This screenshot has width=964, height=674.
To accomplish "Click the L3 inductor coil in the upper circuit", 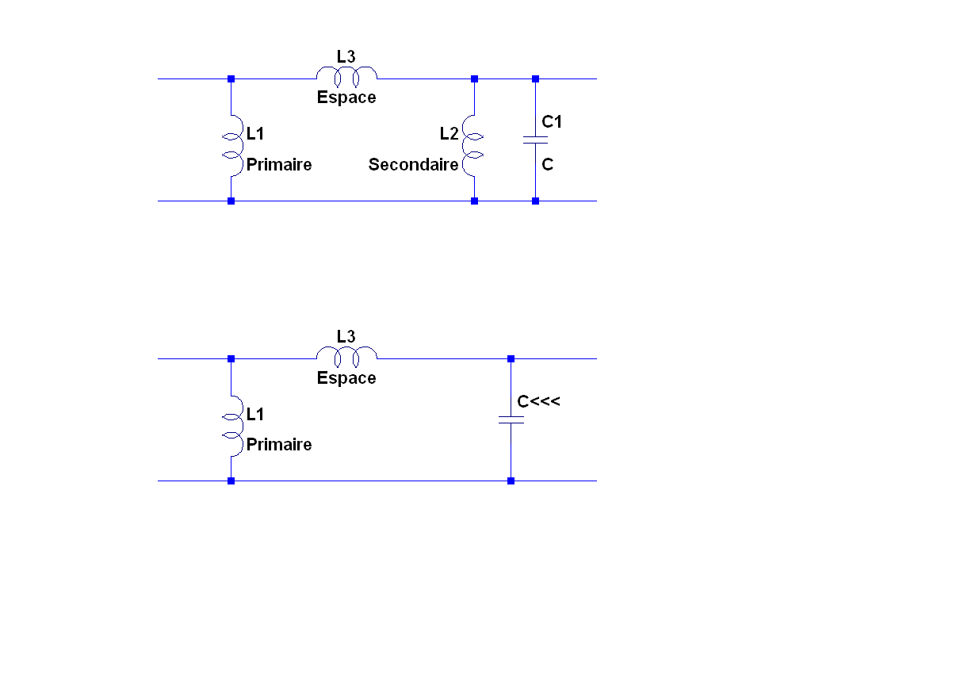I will (x=346, y=75).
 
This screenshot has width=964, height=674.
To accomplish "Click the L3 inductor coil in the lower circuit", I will (x=346, y=355).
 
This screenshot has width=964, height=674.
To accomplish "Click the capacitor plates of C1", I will (x=535, y=140).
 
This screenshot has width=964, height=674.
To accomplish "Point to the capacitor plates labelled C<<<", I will (x=511, y=419).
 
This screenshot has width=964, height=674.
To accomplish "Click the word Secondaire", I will (x=413, y=165).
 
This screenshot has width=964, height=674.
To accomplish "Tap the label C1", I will (x=552, y=122).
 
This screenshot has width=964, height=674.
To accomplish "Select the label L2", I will (x=449, y=134).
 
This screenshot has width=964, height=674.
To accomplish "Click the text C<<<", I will (x=539, y=402).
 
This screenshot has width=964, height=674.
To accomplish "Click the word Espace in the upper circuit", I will (x=346, y=98).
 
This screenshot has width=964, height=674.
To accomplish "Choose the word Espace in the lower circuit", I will (x=346, y=378).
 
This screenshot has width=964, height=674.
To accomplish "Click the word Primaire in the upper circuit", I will (x=279, y=165).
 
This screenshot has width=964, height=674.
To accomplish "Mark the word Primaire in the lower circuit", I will (x=279, y=445).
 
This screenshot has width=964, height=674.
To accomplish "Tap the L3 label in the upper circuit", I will (x=346, y=57).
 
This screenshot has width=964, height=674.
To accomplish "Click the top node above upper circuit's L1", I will (x=231, y=79).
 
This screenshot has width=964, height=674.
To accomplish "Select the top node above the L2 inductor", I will (x=474, y=79).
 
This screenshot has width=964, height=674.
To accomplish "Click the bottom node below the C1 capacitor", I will (x=535, y=201).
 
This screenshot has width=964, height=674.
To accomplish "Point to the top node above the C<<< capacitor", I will (x=511, y=358).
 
